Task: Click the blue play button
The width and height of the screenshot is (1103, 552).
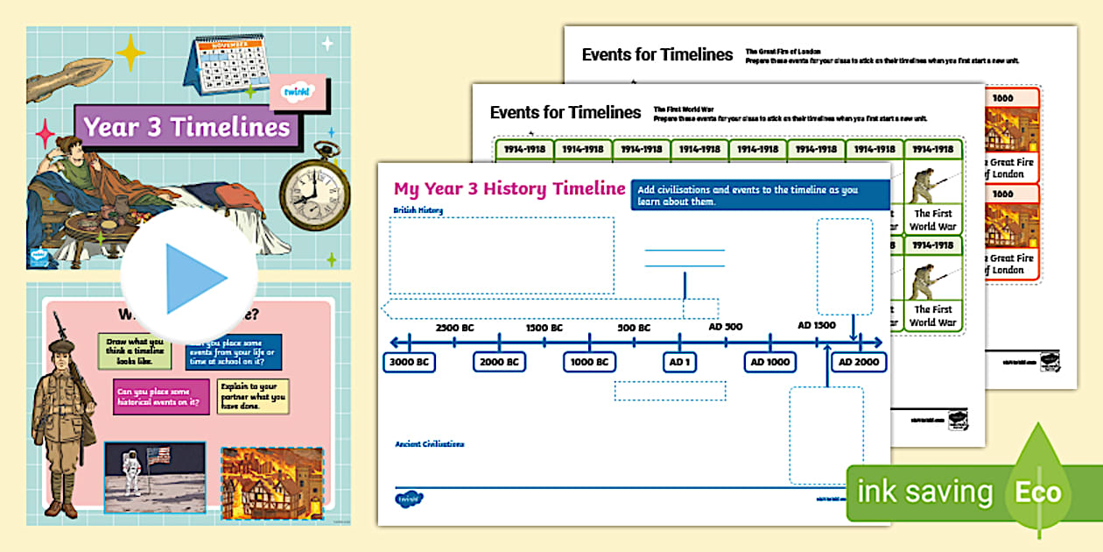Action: (189, 278)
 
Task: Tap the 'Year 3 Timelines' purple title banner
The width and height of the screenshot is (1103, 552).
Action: (186, 127)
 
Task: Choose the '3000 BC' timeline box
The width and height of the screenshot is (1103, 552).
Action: (410, 362)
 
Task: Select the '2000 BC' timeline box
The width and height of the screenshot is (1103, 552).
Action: (500, 362)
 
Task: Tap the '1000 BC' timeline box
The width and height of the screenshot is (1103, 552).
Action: (589, 362)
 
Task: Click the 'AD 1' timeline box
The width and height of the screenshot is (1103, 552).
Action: (680, 362)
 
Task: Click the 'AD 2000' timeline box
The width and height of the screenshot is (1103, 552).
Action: (859, 362)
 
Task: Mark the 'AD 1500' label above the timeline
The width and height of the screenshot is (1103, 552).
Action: (817, 325)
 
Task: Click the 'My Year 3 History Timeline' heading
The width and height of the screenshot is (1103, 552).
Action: (509, 188)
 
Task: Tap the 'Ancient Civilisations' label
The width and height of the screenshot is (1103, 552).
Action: (430, 444)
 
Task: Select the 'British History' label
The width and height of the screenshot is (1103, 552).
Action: (418, 210)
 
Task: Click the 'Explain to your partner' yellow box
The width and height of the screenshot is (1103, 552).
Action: (252, 396)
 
